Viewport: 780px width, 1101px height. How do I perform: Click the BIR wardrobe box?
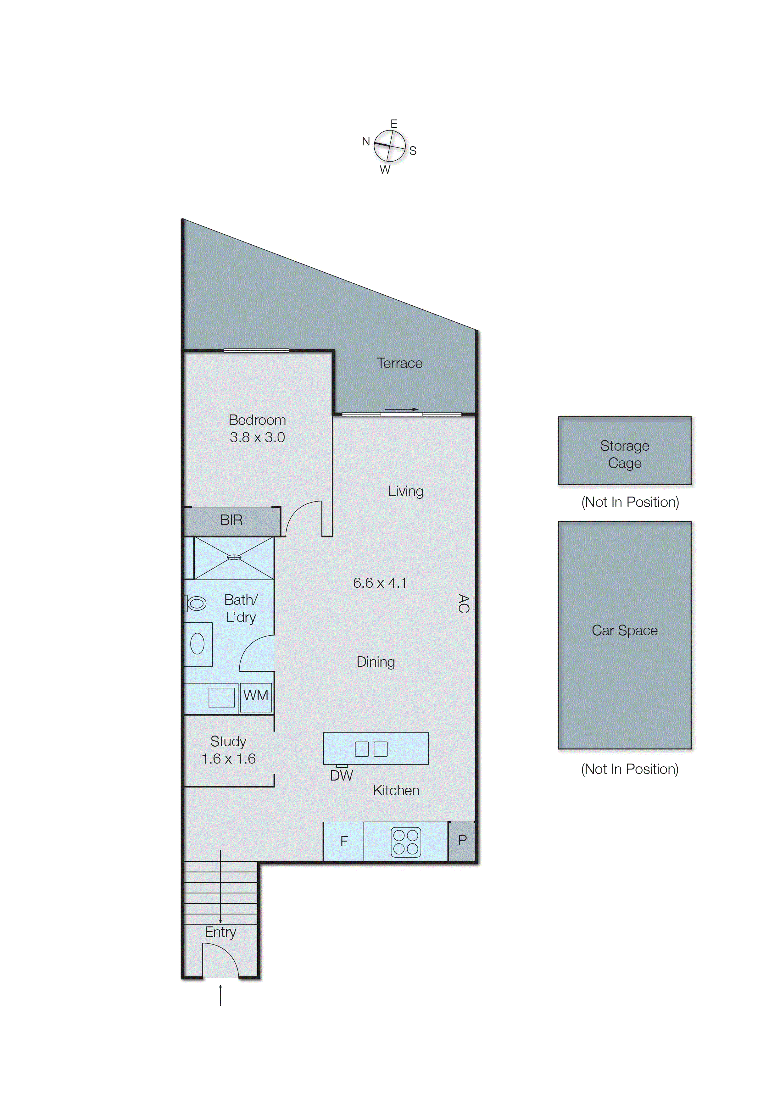pyautogui.click(x=231, y=520)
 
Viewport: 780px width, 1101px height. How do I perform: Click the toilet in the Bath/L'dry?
pyautogui.click(x=196, y=603)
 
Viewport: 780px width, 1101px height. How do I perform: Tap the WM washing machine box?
pyautogui.click(x=255, y=696)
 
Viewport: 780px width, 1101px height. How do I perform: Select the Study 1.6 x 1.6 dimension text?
pyautogui.click(x=229, y=759)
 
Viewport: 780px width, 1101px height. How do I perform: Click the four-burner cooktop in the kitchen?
pyautogui.click(x=406, y=842)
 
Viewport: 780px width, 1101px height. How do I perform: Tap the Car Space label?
pyautogui.click(x=624, y=631)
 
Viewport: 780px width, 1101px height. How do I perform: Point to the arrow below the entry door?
pyautogui.click(x=220, y=995)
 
